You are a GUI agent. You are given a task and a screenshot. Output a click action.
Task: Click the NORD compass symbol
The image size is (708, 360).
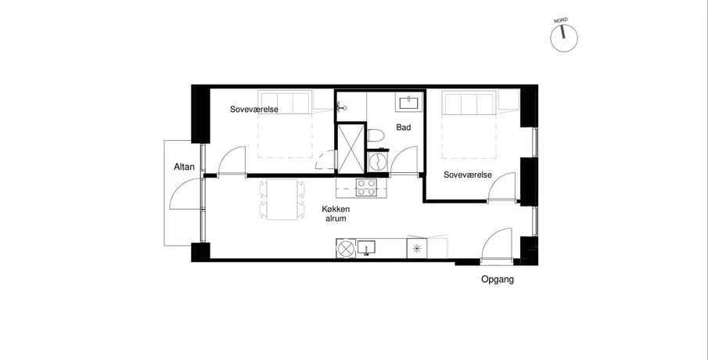(563, 38)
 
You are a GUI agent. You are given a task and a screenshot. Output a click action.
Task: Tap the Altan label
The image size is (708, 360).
(184, 167)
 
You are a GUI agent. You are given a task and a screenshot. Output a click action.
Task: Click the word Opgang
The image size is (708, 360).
(497, 279)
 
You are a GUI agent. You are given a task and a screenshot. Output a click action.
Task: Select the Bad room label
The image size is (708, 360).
(404, 128)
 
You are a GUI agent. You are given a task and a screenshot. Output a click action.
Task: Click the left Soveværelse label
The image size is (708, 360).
(254, 110)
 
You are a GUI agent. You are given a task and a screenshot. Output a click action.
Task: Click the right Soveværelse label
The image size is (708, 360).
(468, 175)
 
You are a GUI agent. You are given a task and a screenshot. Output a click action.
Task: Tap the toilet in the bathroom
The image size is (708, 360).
(376, 135)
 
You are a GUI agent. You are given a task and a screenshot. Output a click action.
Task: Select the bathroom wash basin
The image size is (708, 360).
(410, 103)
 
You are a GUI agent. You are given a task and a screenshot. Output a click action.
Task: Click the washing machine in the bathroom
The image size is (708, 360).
(378, 160)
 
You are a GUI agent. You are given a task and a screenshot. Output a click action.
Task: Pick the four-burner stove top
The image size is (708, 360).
(366, 188)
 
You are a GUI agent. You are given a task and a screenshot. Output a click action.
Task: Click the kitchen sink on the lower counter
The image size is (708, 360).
(366, 247)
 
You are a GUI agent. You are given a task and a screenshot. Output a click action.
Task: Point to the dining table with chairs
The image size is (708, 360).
(282, 200)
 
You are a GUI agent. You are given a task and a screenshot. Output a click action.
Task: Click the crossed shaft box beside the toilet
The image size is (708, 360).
(350, 148)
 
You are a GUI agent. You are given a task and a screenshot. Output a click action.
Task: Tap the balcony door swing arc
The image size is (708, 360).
(184, 194)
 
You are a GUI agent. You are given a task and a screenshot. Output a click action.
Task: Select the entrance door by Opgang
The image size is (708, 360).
(496, 245)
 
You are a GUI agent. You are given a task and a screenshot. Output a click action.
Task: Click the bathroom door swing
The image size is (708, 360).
(403, 160)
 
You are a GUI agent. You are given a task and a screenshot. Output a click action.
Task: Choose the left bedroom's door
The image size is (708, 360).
(232, 160)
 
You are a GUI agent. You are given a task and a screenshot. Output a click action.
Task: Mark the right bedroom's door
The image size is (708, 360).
(501, 186)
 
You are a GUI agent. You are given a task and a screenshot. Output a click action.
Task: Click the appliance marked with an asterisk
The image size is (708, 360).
(417, 248)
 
